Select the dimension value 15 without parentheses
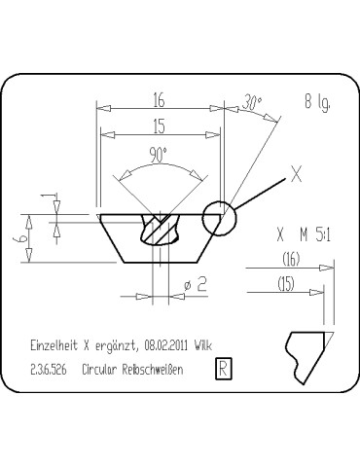tap(157, 125)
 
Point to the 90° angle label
tap(159, 153)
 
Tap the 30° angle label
tap(253, 101)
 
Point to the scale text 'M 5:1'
tap(317, 234)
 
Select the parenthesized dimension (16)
tap(289, 259)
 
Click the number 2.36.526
tap(49, 370)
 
